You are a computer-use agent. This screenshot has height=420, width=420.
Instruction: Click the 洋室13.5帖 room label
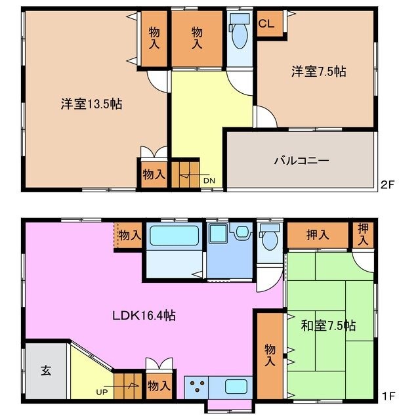[x=93, y=104]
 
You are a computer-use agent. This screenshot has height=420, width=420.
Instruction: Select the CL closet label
[x=266, y=24]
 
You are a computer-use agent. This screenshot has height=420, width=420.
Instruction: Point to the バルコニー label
[x=301, y=160]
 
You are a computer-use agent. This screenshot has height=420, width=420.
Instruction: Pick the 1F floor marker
[x=388, y=396]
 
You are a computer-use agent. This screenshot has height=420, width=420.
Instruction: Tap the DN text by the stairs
[x=208, y=180]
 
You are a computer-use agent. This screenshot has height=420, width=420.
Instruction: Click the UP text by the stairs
[x=102, y=392]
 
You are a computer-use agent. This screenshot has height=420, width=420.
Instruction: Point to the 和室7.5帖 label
[x=329, y=325]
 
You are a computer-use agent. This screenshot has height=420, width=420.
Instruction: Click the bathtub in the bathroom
[x=172, y=236]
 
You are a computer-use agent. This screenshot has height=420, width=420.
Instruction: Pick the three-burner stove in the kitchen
[x=198, y=385]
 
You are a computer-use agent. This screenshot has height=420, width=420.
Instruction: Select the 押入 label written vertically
[x=363, y=234]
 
